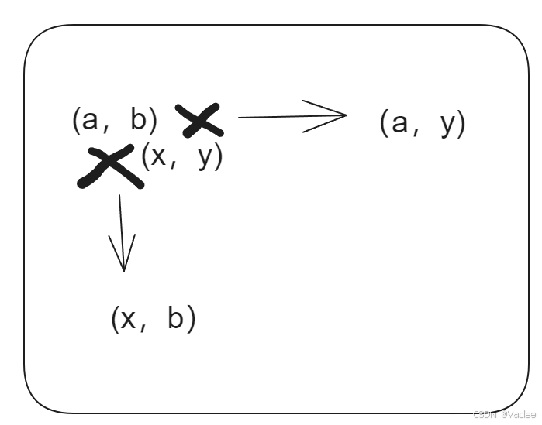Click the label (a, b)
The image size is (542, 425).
(x=115, y=121)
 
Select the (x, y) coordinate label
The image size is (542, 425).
(x=181, y=157)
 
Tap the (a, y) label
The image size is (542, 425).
(x=423, y=123)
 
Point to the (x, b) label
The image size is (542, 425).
(x=154, y=319)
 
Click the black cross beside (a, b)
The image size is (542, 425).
(x=199, y=121)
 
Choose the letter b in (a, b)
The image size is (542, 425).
(x=139, y=120)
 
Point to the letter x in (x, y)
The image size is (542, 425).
(x=158, y=157)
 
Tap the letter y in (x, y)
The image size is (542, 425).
(x=205, y=159)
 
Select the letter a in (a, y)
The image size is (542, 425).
(x=399, y=124)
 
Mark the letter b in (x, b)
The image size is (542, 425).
(x=177, y=318)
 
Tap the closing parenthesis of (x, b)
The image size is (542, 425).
(x=192, y=319)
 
